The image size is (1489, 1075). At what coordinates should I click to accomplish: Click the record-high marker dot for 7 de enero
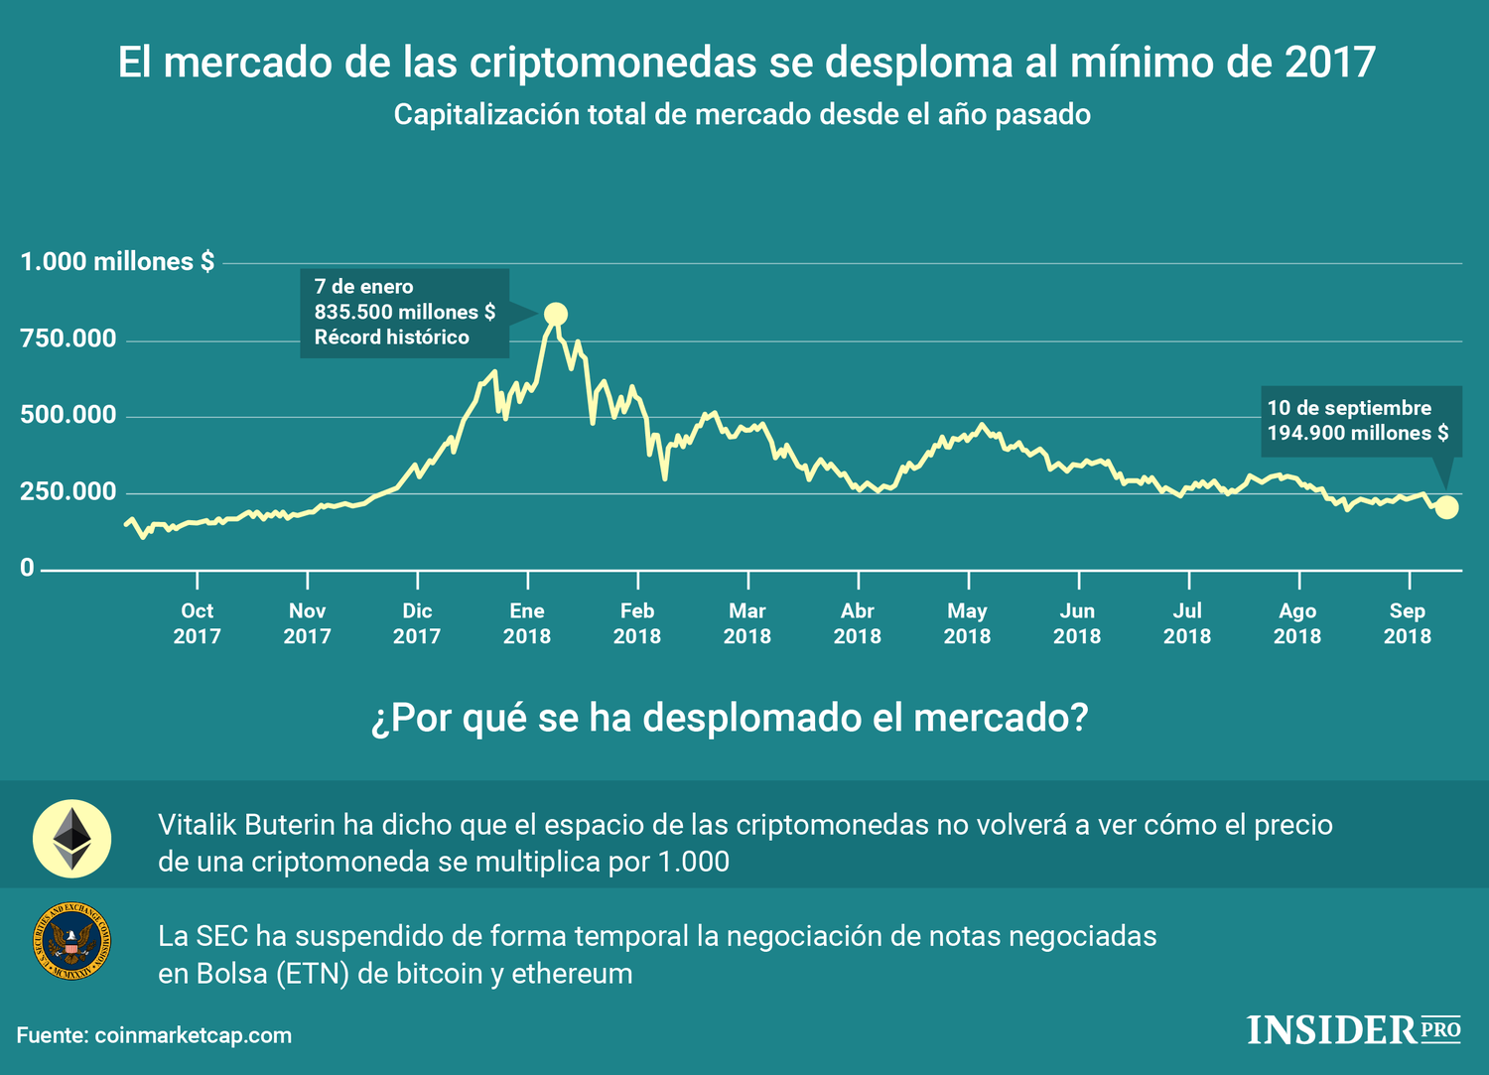pyautogui.click(x=556, y=315)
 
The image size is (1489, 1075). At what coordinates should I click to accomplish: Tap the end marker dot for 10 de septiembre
pyautogui.click(x=1447, y=507)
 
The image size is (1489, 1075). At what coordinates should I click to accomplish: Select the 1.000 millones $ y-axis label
pyautogui.click(x=117, y=262)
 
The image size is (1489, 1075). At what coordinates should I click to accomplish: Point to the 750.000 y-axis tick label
pyautogui.click(x=68, y=338)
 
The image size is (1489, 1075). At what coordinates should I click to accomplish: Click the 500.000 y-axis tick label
pyautogui.click(x=68, y=415)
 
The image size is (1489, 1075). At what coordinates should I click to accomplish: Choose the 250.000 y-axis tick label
pyautogui.click(x=68, y=492)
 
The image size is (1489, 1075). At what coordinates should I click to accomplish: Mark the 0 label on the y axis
pyautogui.click(x=27, y=568)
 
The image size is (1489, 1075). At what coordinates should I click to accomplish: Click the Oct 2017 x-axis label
pyautogui.click(x=197, y=623)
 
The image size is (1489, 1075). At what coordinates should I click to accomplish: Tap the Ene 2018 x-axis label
pyautogui.click(x=526, y=623)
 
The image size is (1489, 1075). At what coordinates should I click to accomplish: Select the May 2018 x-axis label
pyautogui.click(x=967, y=623)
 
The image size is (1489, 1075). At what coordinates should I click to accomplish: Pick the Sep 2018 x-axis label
pyautogui.click(x=1407, y=623)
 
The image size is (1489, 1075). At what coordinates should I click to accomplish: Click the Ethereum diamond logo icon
pyautogui.click(x=71, y=839)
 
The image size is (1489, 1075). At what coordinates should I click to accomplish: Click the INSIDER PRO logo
pyautogui.click(x=1354, y=1029)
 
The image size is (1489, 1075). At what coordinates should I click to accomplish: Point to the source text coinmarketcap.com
pyautogui.click(x=193, y=1035)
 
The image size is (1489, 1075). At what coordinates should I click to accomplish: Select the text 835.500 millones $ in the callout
pyautogui.click(x=404, y=312)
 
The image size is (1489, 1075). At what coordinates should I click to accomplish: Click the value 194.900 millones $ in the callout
pyautogui.click(x=1357, y=433)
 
